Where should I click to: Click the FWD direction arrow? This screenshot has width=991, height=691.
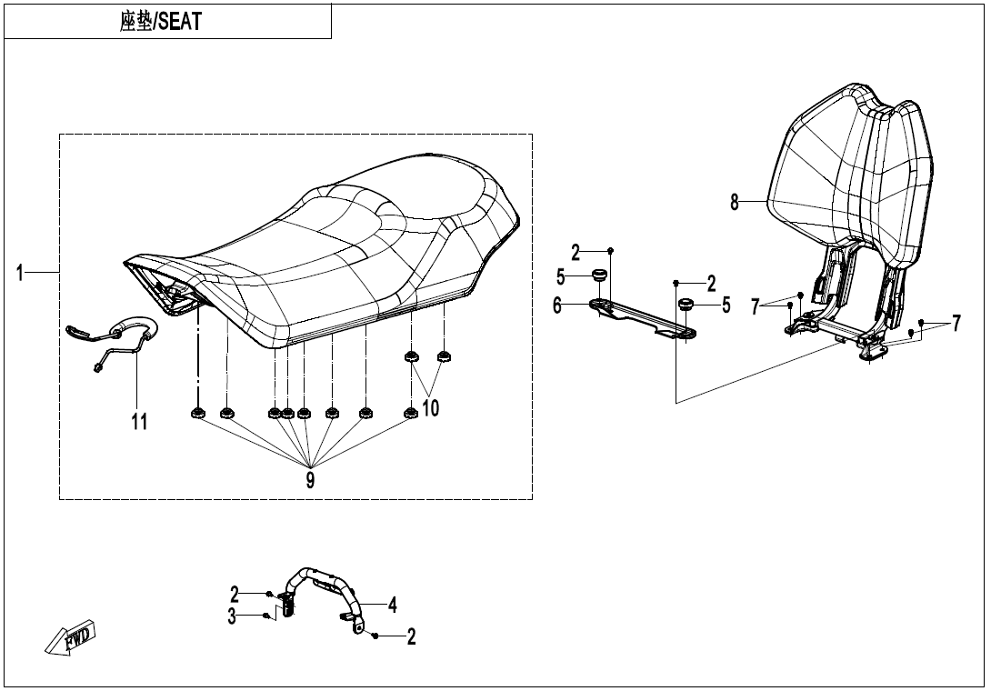(x=70, y=638)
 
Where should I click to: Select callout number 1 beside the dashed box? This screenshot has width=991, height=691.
(x=20, y=272)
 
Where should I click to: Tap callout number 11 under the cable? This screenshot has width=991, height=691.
(x=139, y=421)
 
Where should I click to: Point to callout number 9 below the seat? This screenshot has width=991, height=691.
(x=310, y=479)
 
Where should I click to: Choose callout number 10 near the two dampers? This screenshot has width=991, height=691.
(x=430, y=408)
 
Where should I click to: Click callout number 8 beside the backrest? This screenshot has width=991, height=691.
(x=735, y=203)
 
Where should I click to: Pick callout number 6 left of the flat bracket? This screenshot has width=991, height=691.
(x=557, y=306)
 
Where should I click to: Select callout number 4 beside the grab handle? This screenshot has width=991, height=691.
(x=392, y=604)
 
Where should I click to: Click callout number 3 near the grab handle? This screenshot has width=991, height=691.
(x=233, y=616)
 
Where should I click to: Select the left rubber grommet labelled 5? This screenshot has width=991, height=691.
(x=599, y=275)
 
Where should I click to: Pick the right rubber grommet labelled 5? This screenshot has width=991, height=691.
(x=686, y=304)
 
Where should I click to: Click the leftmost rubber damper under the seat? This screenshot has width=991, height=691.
(x=196, y=415)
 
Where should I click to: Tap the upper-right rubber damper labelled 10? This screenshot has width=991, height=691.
(x=445, y=356)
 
